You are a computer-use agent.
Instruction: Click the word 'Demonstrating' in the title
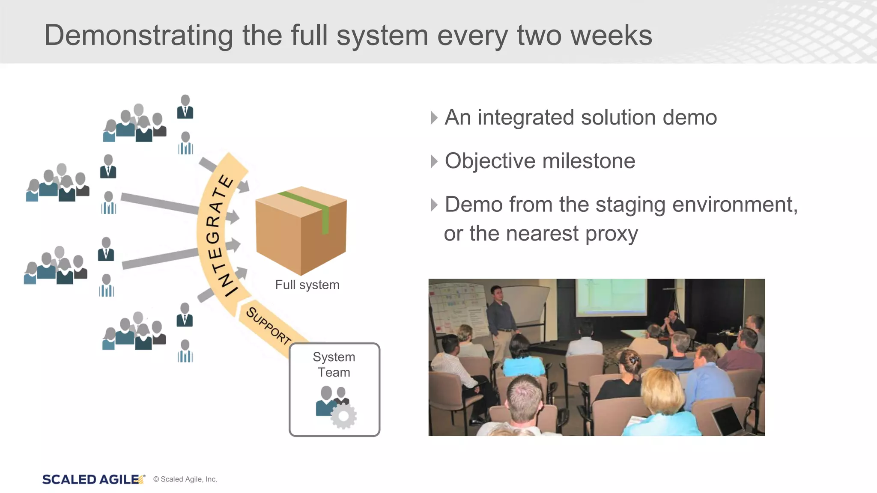[138, 36]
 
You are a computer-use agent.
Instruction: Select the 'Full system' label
[307, 285]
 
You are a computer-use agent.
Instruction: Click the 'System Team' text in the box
[334, 365]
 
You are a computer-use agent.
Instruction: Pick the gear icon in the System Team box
[344, 416]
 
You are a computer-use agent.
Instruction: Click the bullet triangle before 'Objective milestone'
[434, 161]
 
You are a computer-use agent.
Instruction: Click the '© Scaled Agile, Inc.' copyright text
[185, 479]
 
